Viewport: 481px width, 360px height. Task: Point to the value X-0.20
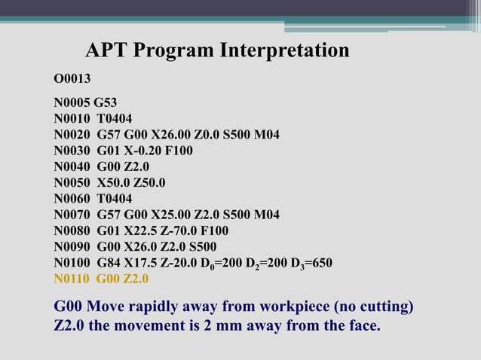pos(134,151)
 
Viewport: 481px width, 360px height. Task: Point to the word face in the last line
pos(361,327)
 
